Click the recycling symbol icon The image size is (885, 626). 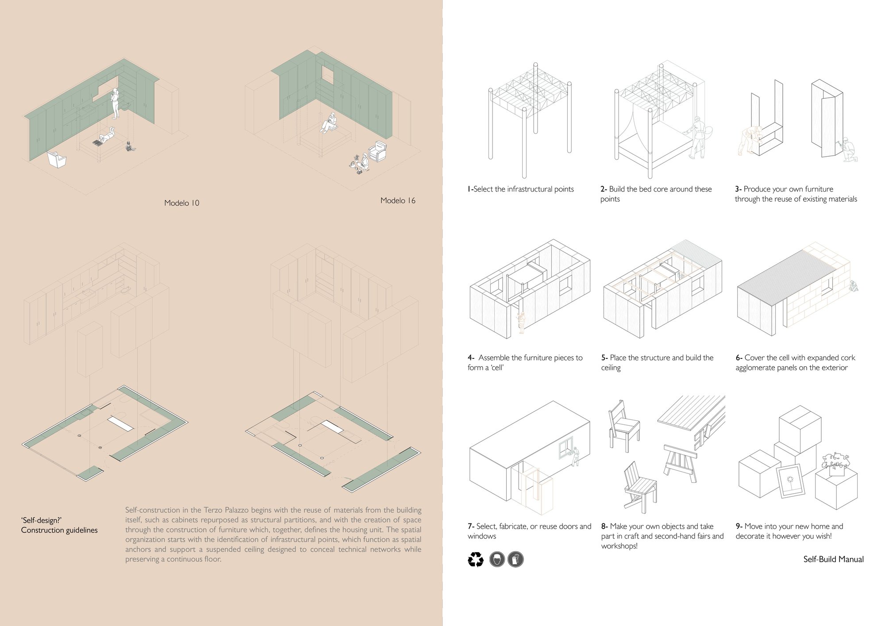(x=476, y=560)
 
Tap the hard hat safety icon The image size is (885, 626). (x=497, y=560)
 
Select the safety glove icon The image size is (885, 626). (x=516, y=560)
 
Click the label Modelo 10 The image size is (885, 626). (x=182, y=203)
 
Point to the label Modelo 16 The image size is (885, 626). (x=398, y=201)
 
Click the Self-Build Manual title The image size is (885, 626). (x=833, y=559)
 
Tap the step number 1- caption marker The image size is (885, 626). (x=470, y=189)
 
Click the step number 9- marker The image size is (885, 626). (x=739, y=526)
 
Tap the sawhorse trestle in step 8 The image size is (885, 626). (x=681, y=463)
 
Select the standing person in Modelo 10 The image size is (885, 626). (x=115, y=103)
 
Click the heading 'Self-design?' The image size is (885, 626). (x=41, y=520)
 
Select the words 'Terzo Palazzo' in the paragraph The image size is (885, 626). (x=226, y=510)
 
